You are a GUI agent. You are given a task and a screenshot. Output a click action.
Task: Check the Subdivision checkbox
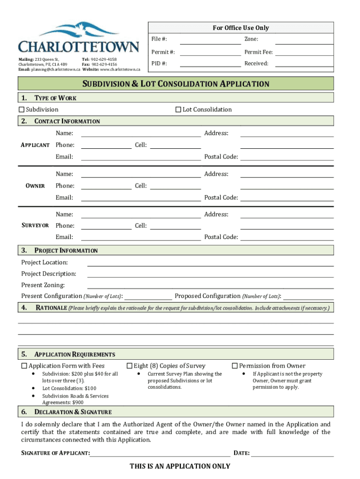coord(22,109)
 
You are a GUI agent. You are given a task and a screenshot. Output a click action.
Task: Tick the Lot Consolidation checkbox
coord(178,109)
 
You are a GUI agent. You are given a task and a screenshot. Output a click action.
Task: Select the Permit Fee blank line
coord(304,52)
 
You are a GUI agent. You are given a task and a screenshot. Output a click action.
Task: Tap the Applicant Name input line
coord(141,134)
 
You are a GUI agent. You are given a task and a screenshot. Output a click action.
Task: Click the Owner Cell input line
coord(175,186)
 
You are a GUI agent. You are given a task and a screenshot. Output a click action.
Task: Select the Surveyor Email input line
coord(141,238)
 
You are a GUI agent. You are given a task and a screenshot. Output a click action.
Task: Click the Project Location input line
coord(210,263)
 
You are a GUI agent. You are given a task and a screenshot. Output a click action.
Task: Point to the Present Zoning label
coord(43,285)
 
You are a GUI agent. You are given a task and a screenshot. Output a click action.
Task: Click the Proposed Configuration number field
coord(309,297)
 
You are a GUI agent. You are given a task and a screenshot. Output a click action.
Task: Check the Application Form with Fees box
coord(24,366)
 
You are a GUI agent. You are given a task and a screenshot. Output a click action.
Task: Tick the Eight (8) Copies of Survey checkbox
coord(130,366)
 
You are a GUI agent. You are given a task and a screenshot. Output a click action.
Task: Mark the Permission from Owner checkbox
coord(235,366)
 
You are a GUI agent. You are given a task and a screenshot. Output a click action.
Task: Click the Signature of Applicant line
coord(160,453)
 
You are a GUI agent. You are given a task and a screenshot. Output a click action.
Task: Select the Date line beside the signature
coord(292,453)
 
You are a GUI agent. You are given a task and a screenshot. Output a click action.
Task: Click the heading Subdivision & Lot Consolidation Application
coord(176,84)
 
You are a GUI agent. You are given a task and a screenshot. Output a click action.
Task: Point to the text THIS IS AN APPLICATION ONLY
coord(180,466)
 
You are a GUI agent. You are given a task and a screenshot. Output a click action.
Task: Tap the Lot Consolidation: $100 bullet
coord(69,388)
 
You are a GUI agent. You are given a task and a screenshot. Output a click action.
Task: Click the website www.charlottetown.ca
coord(120,69)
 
